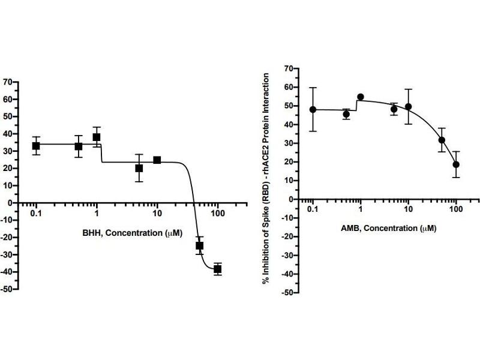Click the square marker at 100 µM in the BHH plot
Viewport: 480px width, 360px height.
pyautogui.click(x=217, y=269)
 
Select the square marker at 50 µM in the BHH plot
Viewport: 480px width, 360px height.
pyautogui.click(x=200, y=245)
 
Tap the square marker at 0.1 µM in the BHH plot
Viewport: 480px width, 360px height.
pyautogui.click(x=36, y=146)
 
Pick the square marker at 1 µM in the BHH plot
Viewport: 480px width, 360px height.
pyautogui.click(x=97, y=137)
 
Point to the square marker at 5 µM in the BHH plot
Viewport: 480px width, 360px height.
pyautogui.click(x=139, y=169)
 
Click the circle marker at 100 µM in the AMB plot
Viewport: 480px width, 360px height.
pyautogui.click(x=456, y=164)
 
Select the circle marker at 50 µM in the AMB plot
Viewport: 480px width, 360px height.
pyautogui.click(x=442, y=140)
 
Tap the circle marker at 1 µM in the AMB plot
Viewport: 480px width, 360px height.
pyautogui.click(x=361, y=97)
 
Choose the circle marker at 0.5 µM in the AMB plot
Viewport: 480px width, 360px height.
pyautogui.click(x=346, y=114)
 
